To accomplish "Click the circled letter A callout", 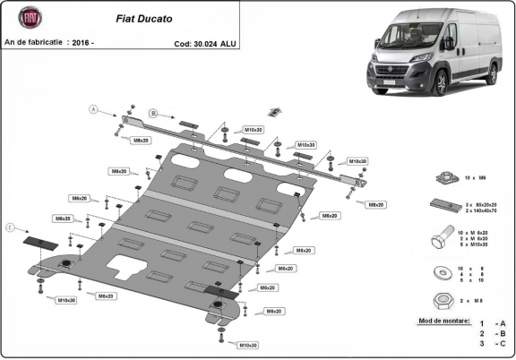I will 91,109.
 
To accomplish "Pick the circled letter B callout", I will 153,114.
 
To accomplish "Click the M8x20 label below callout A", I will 141,141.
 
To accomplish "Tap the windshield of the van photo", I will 408,39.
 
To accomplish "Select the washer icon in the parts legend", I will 440,271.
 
